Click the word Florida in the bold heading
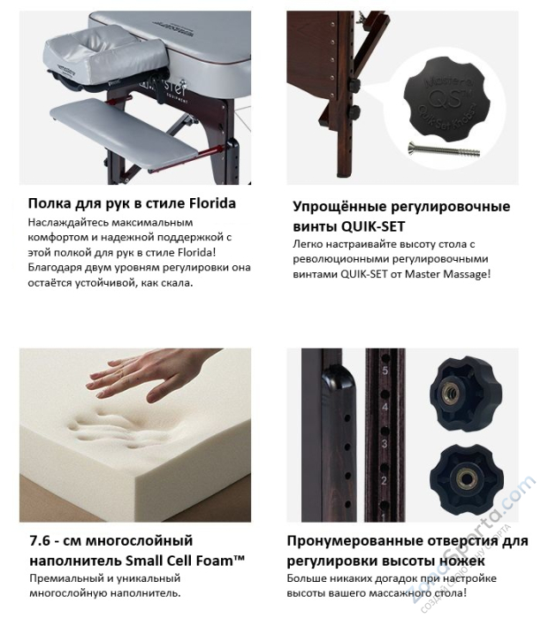210,203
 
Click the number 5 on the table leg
385,371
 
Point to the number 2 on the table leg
385,480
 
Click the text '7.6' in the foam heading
39,540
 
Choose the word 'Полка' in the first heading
50,203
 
